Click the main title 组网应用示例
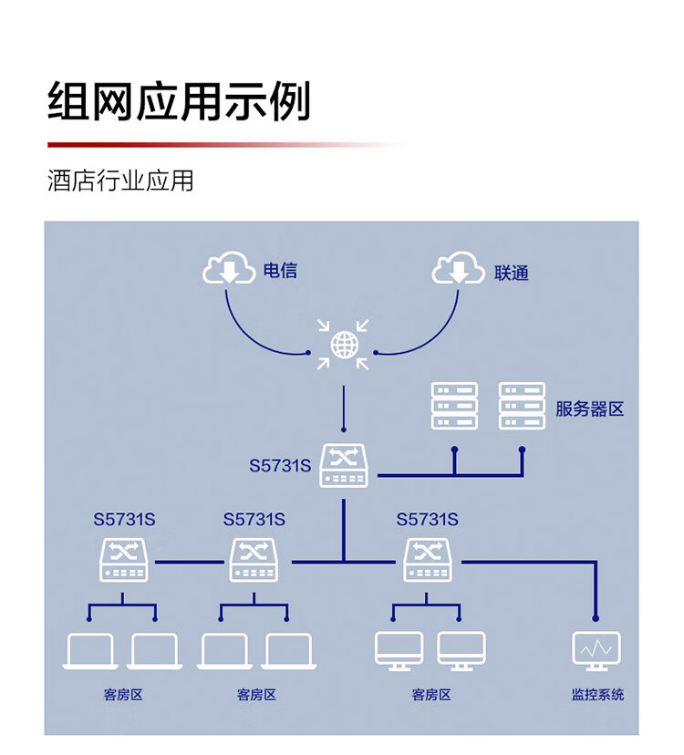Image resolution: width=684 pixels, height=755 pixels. pyautogui.click(x=179, y=101)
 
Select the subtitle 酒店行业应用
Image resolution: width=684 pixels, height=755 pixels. pyautogui.click(x=120, y=181)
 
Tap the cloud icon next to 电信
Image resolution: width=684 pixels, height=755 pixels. pyautogui.click(x=229, y=267)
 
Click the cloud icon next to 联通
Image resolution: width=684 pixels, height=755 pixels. pyautogui.click(x=458, y=267)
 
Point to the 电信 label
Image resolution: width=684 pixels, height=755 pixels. pyautogui.click(x=280, y=271)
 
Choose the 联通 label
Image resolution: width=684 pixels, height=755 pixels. pyautogui.click(x=512, y=273)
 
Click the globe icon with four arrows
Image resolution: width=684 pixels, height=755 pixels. pyautogui.click(x=344, y=345)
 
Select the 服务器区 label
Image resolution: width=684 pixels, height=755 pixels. pyautogui.click(x=589, y=409)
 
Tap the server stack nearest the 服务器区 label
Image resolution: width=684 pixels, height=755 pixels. pyautogui.click(x=523, y=406)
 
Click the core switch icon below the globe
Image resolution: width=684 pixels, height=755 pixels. pyautogui.click(x=344, y=466)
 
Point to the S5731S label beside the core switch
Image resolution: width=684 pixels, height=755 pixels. pyautogui.click(x=280, y=466)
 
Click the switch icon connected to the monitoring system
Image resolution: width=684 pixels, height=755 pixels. pyautogui.click(x=427, y=560)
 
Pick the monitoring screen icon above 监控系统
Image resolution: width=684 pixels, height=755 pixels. pyautogui.click(x=596, y=651)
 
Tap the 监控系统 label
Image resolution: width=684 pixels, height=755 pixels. pyautogui.click(x=597, y=694)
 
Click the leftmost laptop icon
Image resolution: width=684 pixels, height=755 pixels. pyautogui.click(x=90, y=651)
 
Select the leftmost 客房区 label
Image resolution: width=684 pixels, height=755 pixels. pyautogui.click(x=123, y=695)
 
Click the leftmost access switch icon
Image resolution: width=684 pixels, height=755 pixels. pyautogui.click(x=124, y=560)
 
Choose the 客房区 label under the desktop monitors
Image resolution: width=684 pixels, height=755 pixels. pyautogui.click(x=431, y=695)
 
